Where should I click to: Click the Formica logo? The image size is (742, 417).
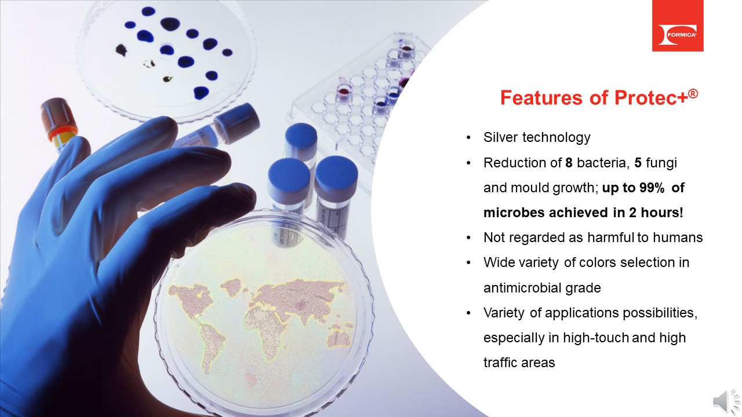click(677, 26)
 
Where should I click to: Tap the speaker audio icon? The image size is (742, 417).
click(727, 401)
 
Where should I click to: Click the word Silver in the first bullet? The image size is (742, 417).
click(501, 137)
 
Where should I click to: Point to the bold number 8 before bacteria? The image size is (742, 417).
click(569, 163)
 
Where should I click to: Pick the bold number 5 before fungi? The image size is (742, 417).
click(638, 163)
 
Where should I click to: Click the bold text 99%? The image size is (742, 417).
click(638, 188)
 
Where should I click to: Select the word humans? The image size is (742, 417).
click(679, 237)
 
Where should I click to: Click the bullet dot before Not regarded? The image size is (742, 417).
click(468, 238)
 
